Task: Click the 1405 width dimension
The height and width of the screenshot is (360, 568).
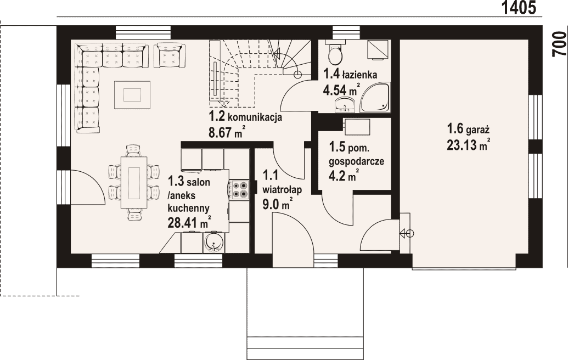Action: (519, 8)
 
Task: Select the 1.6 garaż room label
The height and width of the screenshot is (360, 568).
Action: (468, 129)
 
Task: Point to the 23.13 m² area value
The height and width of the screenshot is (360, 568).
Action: (469, 145)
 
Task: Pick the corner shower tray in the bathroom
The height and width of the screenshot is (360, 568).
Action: (375, 97)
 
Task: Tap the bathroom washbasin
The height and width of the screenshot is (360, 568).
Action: (346, 104)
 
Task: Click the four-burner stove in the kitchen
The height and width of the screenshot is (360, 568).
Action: (239, 189)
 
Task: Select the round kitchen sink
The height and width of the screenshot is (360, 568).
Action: (215, 242)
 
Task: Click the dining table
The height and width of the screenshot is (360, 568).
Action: (134, 182)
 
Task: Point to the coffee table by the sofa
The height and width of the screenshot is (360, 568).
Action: (132, 95)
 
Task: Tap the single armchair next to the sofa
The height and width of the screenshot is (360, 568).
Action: (170, 55)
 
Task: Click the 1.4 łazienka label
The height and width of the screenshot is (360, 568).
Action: (350, 75)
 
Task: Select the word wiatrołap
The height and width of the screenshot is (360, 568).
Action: (282, 189)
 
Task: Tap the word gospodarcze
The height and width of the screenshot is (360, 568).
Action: (357, 161)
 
